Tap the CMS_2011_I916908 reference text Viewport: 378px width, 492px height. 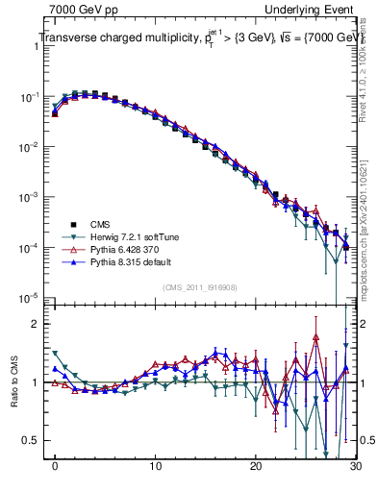tap(199, 286)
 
